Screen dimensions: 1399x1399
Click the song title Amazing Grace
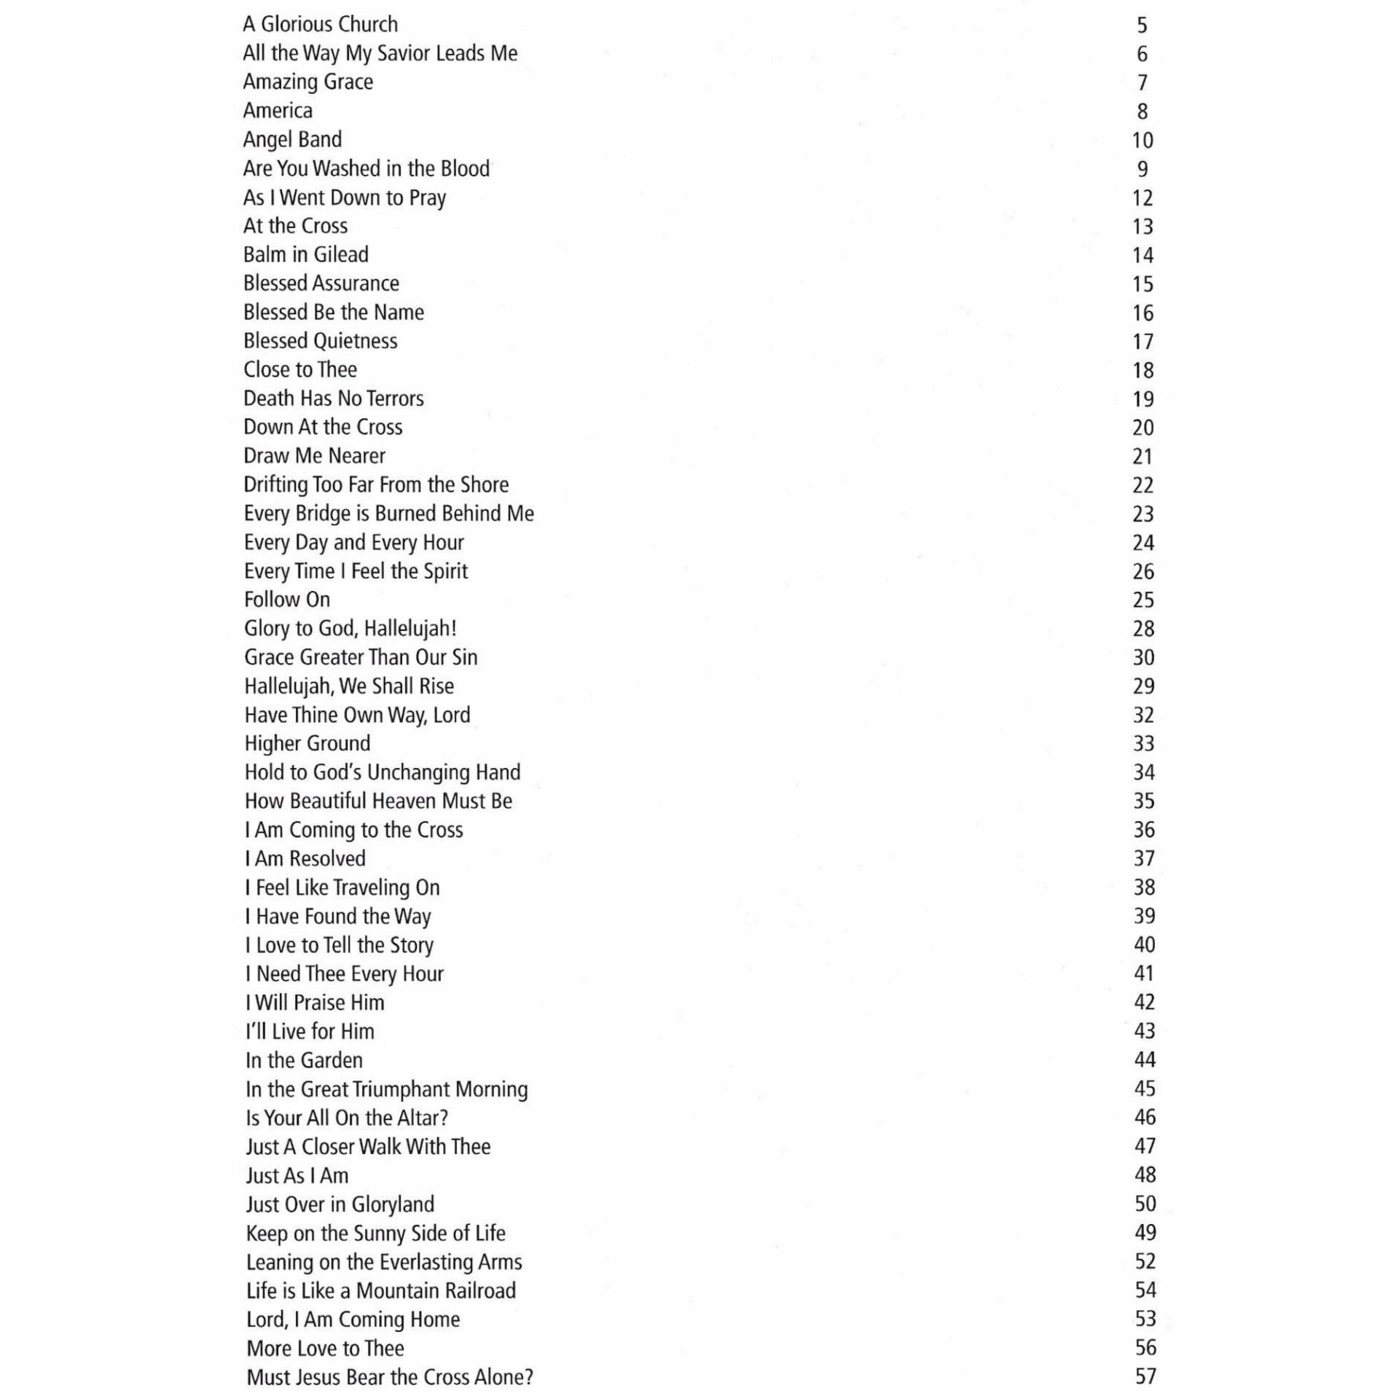[x=307, y=82]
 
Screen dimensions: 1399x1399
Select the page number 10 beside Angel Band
[x=1143, y=140]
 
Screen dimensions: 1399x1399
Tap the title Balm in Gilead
[x=306, y=254]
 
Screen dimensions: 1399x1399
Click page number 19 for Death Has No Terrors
[x=1143, y=399]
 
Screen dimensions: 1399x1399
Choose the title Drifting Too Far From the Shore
[x=376, y=485]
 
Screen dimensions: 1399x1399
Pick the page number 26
[x=1143, y=571]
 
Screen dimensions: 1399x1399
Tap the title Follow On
[x=287, y=600]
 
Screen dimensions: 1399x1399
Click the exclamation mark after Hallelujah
[x=453, y=628]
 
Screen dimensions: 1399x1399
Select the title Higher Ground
[x=307, y=743]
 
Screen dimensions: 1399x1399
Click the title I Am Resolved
[x=305, y=858]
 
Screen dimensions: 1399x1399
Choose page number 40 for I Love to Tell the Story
[x=1144, y=945]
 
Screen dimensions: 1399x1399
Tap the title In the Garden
[x=304, y=1060]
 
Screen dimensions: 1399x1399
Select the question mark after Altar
[x=444, y=1118]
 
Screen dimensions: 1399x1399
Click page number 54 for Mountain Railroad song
[x=1145, y=1290]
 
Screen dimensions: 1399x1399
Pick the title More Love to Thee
[x=325, y=1348]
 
